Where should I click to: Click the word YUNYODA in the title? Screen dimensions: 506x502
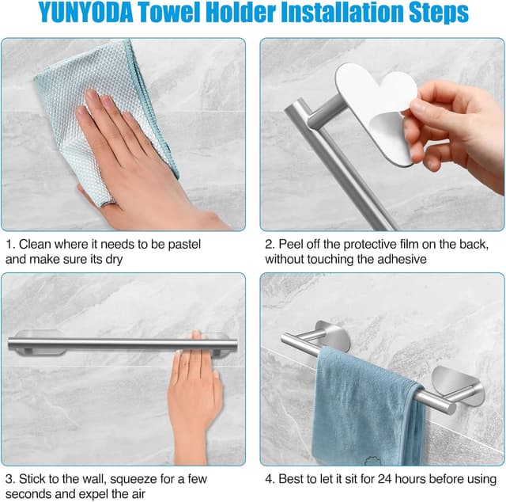86,13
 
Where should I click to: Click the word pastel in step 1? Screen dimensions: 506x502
184,245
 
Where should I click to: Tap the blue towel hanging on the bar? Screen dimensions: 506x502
367,407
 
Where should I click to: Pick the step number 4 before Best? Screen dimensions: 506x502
270,479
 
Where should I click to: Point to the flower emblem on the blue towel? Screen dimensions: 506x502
373,460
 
